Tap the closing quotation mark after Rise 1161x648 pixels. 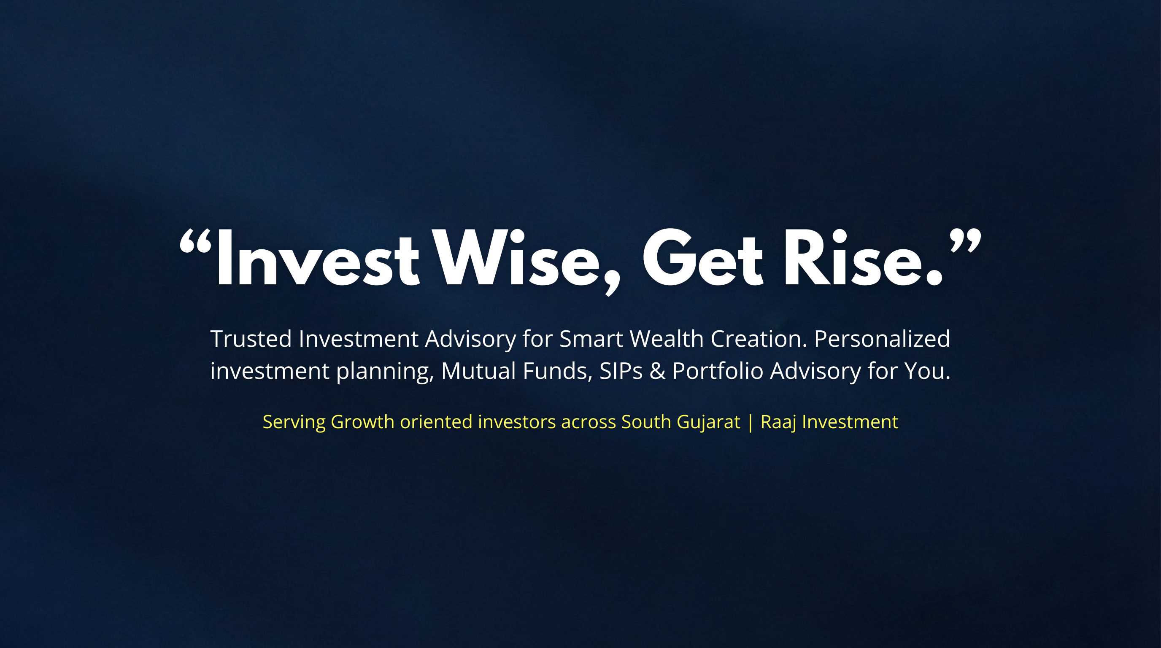[965, 241]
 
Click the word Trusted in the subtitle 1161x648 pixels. [251, 339]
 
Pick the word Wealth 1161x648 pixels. [667, 339]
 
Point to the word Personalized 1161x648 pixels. [882, 339]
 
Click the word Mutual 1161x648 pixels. [478, 371]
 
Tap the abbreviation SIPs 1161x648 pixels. [621, 371]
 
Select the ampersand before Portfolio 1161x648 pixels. [658, 371]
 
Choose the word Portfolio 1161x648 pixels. [718, 370]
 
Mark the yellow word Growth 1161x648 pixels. [363, 422]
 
